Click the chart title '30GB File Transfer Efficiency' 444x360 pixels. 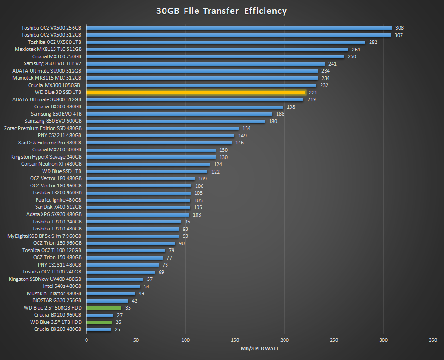222,11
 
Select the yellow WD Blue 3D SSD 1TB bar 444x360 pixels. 196,93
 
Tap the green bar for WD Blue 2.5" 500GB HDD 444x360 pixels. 104,308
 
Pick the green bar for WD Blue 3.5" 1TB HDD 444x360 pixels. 99,322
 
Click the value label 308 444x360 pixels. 399,28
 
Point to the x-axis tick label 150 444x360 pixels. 235,341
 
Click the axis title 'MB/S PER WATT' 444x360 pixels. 259,348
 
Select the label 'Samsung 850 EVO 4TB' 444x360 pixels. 56,114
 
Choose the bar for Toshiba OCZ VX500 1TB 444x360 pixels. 226,42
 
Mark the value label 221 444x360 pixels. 313,93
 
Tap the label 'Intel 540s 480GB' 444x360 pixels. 62,286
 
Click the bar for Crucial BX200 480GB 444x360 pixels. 99,329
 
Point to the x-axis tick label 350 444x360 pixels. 433,341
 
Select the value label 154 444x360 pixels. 246,128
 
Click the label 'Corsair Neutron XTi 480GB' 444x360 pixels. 51,164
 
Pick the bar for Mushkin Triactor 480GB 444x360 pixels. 111,293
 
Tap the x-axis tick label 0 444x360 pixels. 86,341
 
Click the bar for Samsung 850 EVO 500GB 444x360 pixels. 176,121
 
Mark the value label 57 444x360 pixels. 150,279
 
